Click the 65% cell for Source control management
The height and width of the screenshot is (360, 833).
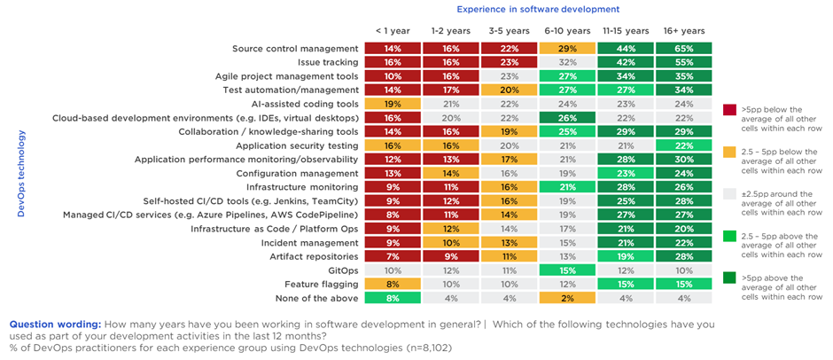(684, 49)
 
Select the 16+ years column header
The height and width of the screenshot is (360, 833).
(684, 30)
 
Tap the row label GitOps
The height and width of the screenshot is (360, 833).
(342, 270)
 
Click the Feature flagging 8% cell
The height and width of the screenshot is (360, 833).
(393, 284)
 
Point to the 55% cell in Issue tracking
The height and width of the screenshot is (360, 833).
(684, 63)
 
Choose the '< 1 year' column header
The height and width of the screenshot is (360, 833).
(393, 30)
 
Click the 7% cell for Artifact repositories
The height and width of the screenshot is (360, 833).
(393, 255)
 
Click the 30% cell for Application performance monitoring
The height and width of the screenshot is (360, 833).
(684, 160)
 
